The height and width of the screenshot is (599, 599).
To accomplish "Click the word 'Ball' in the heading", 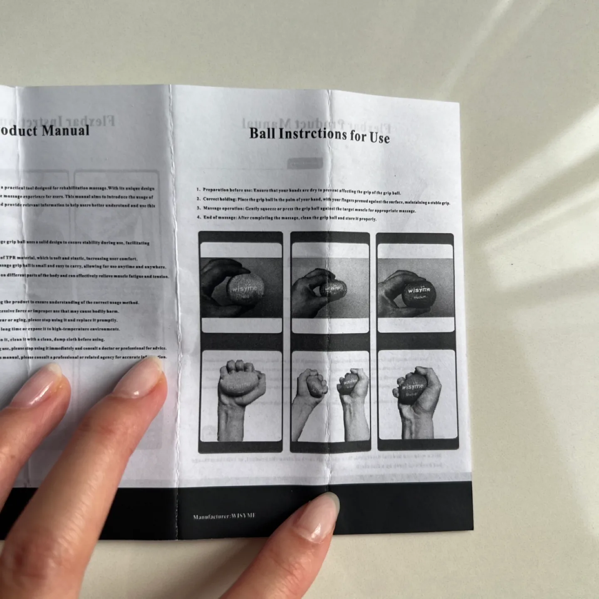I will pyautogui.click(x=262, y=133).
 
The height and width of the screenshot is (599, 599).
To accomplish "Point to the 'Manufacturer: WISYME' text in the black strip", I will pyautogui.click(x=224, y=516).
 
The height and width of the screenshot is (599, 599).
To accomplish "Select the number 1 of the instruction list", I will pyautogui.click(x=199, y=190).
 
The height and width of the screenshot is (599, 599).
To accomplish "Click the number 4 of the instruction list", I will pyautogui.click(x=199, y=217).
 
